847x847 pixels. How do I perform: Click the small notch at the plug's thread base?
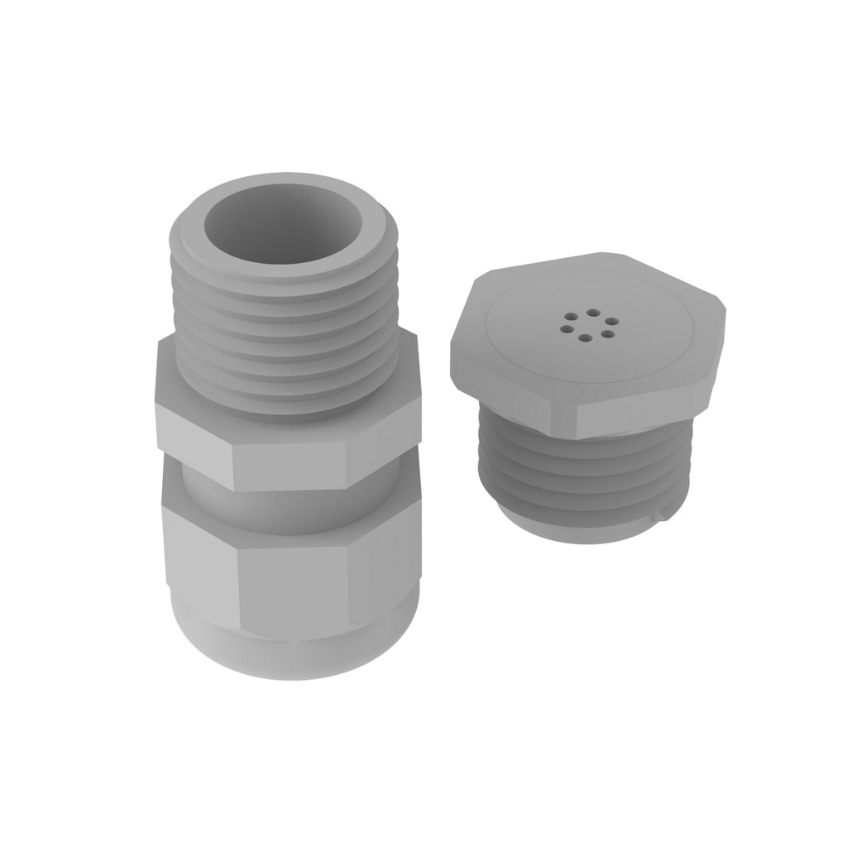(x=658, y=519)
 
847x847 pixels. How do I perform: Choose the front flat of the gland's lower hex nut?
(x=294, y=583)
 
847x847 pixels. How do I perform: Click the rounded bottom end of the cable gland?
(x=290, y=653)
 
